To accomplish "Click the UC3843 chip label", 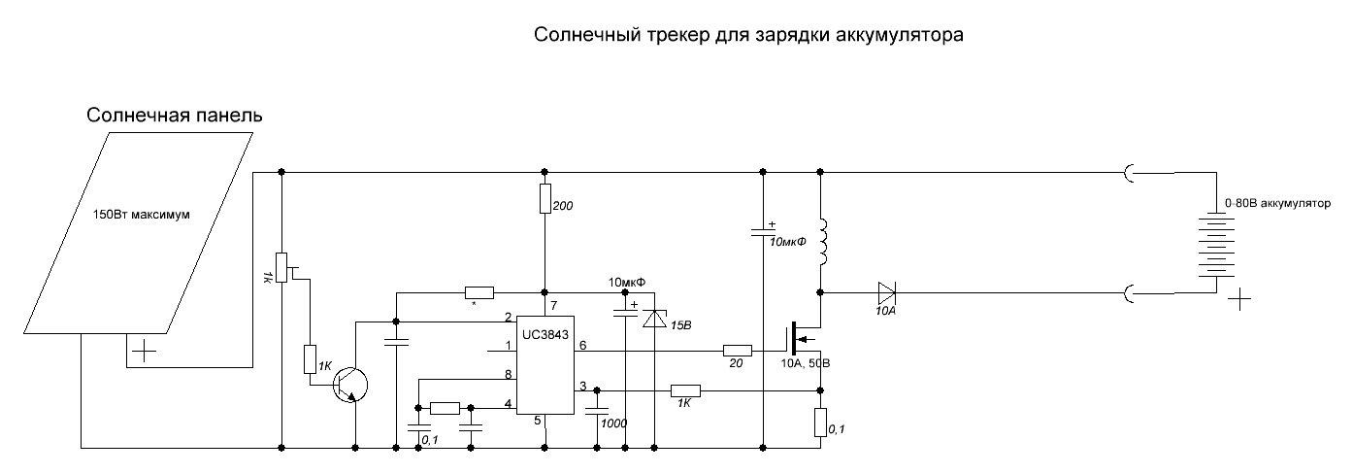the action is pyautogui.click(x=545, y=335).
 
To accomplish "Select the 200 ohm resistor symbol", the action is pyautogui.click(x=544, y=198).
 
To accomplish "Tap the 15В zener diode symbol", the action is pyautogui.click(x=654, y=318).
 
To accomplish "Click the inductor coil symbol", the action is pyautogui.click(x=823, y=243).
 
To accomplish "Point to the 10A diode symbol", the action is pyautogui.click(x=886, y=293).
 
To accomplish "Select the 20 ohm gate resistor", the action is pyautogui.click(x=738, y=350).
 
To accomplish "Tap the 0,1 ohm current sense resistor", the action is pyautogui.click(x=820, y=422).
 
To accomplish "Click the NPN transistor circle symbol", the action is pyautogui.click(x=350, y=384).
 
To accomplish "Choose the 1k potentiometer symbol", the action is pyautogui.click(x=281, y=268).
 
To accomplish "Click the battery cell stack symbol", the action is pyautogui.click(x=1216, y=245).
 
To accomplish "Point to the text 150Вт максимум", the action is pyautogui.click(x=142, y=215).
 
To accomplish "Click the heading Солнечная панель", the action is pyautogui.click(x=175, y=115).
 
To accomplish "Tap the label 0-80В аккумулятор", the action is pyautogui.click(x=1277, y=203).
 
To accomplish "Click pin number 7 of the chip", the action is pyautogui.click(x=554, y=306).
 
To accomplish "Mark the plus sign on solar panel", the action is pyautogui.click(x=144, y=351).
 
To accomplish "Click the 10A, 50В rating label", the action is pyautogui.click(x=806, y=363).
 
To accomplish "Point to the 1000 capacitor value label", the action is pyautogui.click(x=613, y=423).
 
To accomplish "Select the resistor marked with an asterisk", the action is pyautogui.click(x=479, y=293).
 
